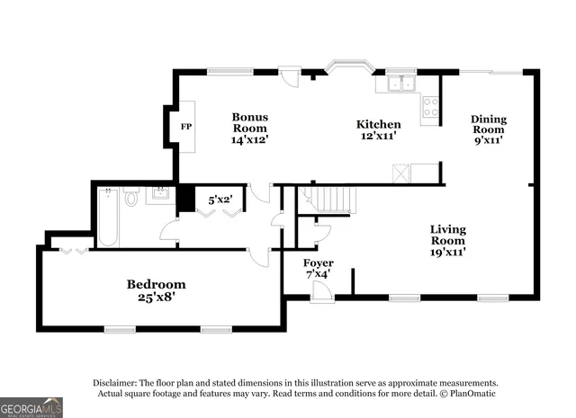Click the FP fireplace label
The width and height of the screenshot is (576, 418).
click(x=186, y=128)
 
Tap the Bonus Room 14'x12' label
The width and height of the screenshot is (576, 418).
click(x=249, y=129)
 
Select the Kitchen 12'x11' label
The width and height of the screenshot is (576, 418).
click(x=378, y=129)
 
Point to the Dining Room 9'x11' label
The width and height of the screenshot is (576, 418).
click(x=488, y=129)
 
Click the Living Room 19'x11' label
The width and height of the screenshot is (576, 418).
click(x=446, y=240)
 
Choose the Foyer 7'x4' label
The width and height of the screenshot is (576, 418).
click(x=319, y=269)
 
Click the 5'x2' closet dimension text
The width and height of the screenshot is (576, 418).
click(x=220, y=200)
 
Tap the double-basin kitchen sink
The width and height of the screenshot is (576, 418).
click(x=397, y=84)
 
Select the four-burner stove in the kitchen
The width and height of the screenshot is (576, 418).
click(x=430, y=107)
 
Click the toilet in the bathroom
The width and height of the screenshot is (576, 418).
click(x=131, y=197)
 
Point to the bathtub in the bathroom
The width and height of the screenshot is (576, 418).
click(x=107, y=217)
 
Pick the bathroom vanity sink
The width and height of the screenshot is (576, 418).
click(x=161, y=194)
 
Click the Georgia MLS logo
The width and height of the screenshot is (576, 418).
click(x=31, y=407)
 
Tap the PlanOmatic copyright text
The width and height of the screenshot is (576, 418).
click(x=467, y=393)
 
